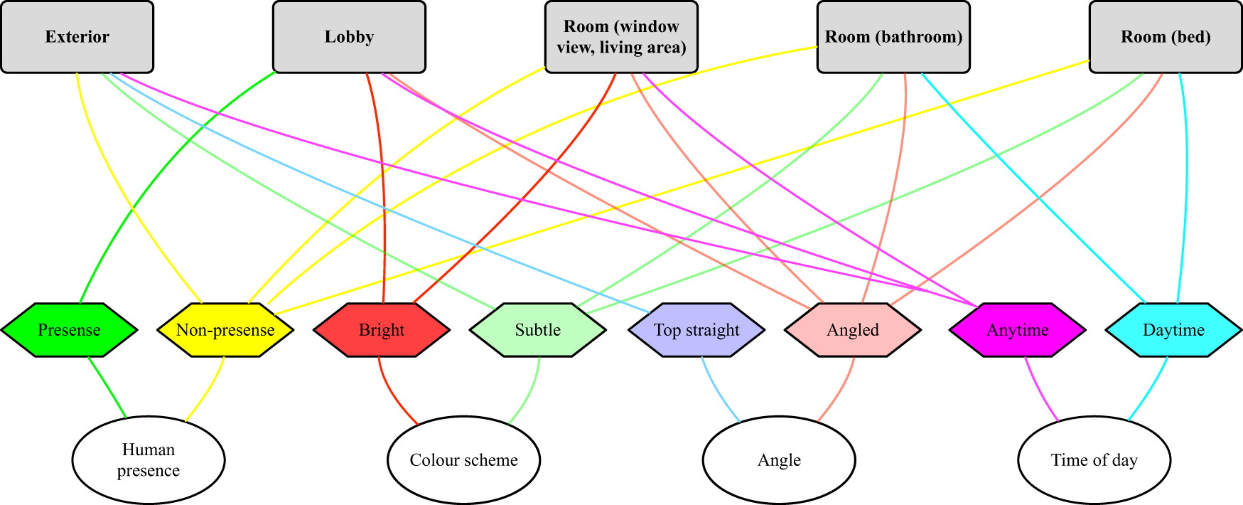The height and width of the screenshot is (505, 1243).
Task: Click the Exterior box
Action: click(77, 37)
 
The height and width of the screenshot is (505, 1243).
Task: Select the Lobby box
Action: click(349, 37)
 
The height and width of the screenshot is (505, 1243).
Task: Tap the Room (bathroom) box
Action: click(893, 37)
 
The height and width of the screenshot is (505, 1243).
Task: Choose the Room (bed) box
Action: click(1166, 37)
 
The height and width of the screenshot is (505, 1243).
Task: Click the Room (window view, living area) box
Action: click(621, 37)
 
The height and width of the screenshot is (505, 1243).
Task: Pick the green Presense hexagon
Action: click(69, 330)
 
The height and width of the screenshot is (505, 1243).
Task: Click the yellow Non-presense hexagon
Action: click(225, 330)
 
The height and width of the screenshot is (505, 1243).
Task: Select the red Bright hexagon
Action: click(382, 330)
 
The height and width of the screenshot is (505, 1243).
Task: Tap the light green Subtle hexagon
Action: click(538, 330)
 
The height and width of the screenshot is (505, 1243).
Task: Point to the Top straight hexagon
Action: click(696, 330)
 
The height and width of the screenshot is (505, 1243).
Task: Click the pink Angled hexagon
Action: click(853, 330)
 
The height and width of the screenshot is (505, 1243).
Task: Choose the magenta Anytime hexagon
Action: click(1018, 330)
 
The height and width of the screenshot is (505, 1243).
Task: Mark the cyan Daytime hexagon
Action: click(1173, 330)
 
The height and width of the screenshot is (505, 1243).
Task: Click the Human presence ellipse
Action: click(149, 460)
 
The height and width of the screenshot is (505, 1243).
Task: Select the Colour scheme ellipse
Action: click(463, 460)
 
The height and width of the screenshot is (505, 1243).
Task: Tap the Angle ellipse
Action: click(779, 460)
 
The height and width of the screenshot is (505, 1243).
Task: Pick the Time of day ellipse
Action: click(1094, 460)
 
